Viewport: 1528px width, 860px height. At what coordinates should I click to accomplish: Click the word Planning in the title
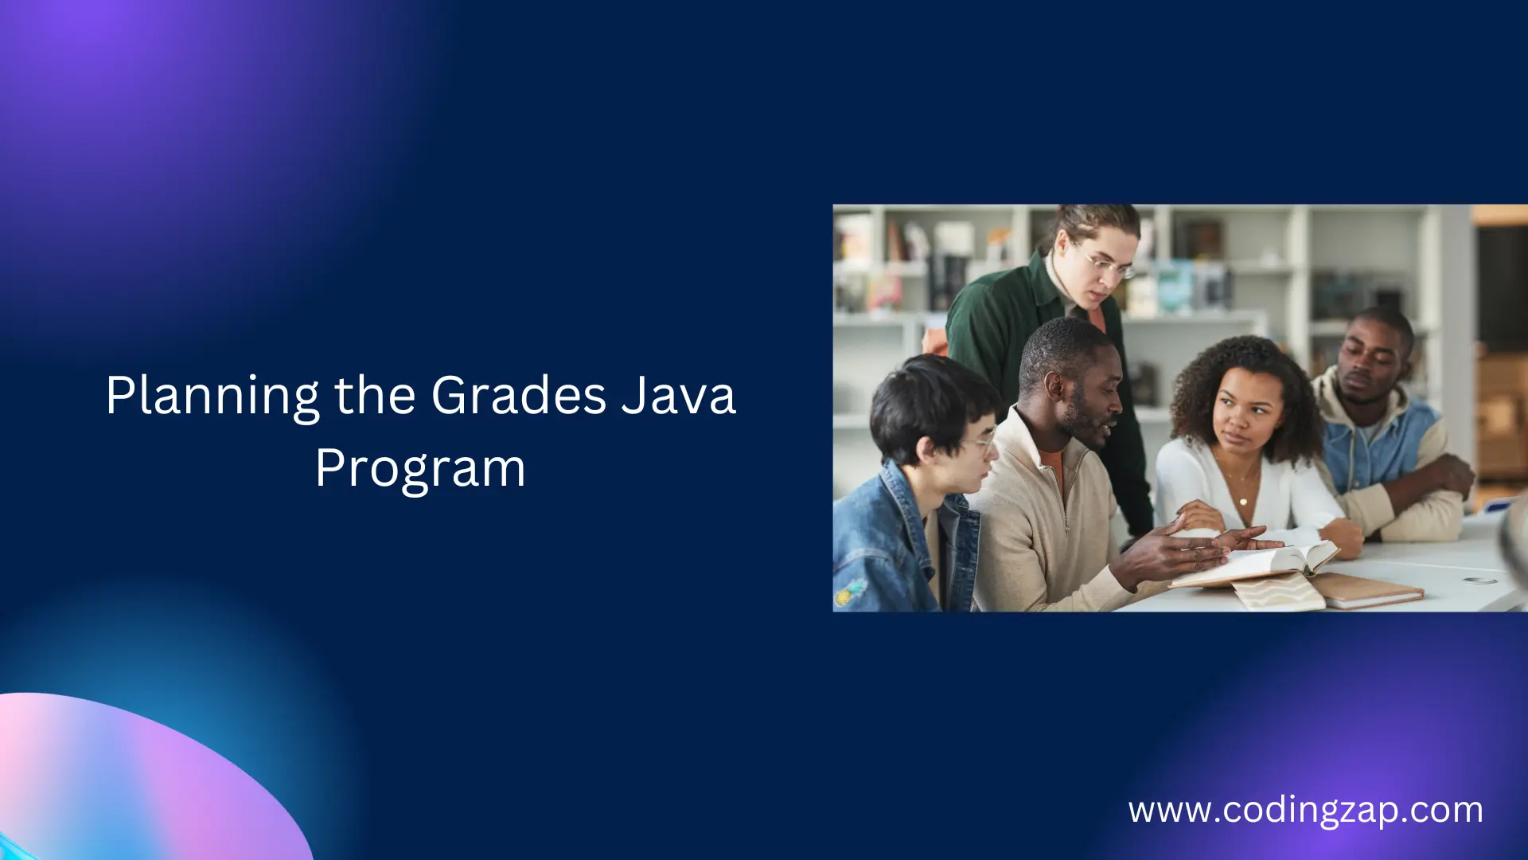click(x=212, y=396)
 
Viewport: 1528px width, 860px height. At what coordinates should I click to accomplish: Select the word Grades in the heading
click(x=518, y=396)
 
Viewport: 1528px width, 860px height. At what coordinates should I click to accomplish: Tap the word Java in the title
click(x=678, y=396)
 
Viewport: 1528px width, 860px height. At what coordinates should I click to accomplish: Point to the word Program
click(x=420, y=468)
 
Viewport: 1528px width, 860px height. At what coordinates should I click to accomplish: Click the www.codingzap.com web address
click(x=1305, y=811)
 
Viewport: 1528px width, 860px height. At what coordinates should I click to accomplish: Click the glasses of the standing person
click(x=1108, y=264)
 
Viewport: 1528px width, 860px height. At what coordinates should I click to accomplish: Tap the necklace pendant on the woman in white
click(x=1243, y=501)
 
